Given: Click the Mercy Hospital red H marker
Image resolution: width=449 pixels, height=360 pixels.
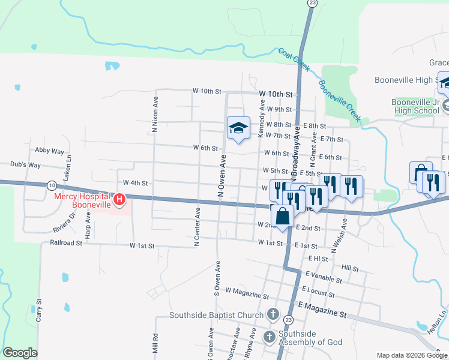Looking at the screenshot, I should pyautogui.click(x=120, y=199).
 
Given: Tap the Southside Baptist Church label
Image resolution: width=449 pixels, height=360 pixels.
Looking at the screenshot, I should pyautogui.click(x=216, y=315).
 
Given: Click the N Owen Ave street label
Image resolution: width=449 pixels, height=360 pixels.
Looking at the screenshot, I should pyautogui.click(x=222, y=175).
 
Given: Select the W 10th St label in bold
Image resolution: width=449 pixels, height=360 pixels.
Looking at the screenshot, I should pyautogui.click(x=276, y=94).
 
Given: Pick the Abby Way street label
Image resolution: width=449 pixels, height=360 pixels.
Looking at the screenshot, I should pyautogui.click(x=49, y=151).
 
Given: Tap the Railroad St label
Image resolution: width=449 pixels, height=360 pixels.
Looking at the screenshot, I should pyautogui.click(x=66, y=243).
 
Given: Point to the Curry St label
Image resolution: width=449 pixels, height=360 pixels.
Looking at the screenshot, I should pyautogui.click(x=38, y=310).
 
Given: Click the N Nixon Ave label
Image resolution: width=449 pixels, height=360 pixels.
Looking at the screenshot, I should pyautogui.click(x=155, y=114).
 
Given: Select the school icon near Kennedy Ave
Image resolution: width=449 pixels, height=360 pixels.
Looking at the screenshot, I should pyautogui.click(x=238, y=128).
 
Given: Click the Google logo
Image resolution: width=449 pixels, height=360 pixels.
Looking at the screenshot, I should pyautogui.click(x=20, y=353).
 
